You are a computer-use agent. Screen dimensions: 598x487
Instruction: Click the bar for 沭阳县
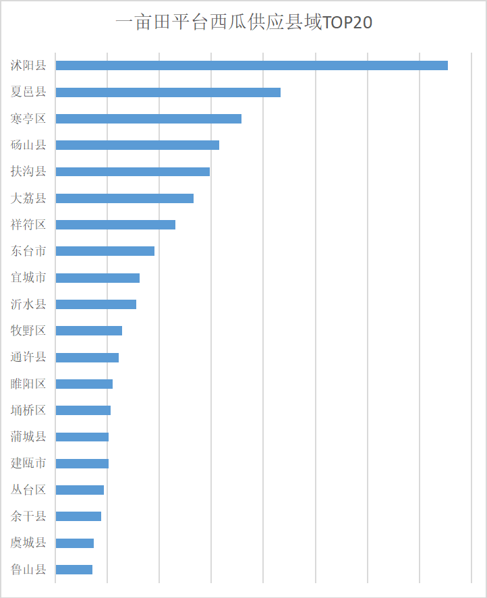[x=252, y=65]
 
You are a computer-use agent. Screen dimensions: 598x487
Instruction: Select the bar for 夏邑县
[x=168, y=92]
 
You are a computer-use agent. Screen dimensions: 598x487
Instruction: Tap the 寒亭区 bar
[x=148, y=119]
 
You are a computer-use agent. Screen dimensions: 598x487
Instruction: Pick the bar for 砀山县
[x=137, y=145]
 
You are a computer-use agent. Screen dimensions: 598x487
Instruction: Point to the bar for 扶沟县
[x=132, y=171]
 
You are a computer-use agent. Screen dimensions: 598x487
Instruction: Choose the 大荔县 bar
[x=124, y=198]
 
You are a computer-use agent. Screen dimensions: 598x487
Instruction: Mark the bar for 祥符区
[x=115, y=225]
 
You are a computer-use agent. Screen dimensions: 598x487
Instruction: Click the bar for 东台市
[x=105, y=251]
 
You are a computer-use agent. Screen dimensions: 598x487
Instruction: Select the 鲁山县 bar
[x=74, y=570]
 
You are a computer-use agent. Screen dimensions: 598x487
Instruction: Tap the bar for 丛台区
[x=80, y=490]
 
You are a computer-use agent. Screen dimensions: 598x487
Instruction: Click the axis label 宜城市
[x=28, y=277]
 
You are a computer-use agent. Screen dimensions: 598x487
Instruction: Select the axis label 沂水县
[x=28, y=304]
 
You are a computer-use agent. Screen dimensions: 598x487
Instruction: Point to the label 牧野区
[x=28, y=331]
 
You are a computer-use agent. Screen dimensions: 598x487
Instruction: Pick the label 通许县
[x=28, y=357]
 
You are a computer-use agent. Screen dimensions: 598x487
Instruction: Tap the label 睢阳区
[x=28, y=384]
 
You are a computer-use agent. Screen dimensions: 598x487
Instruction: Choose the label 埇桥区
[x=28, y=410]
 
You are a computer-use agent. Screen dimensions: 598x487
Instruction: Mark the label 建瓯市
[x=28, y=464]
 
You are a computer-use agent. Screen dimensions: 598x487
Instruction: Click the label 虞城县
[x=28, y=543]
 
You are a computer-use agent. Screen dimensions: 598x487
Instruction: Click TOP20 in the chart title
[x=348, y=23]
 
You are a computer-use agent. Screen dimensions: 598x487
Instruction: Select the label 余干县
[x=28, y=516]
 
